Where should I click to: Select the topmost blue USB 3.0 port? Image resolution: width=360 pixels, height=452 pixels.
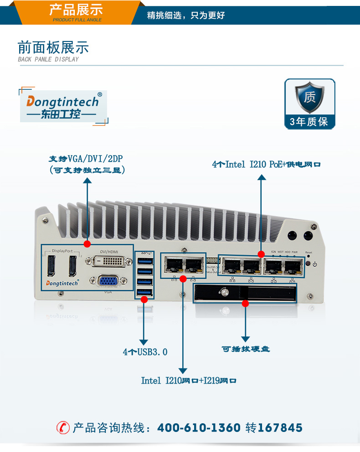(x=144, y=261)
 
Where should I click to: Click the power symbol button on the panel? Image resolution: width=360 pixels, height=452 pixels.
(x=315, y=265)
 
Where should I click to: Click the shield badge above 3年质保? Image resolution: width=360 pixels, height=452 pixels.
(x=310, y=97)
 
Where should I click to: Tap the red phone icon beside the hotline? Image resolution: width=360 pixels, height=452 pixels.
(x=63, y=428)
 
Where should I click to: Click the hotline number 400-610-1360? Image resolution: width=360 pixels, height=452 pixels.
(x=199, y=428)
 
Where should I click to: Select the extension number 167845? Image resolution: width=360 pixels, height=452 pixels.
(x=280, y=428)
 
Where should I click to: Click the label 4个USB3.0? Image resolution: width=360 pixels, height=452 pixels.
(x=145, y=352)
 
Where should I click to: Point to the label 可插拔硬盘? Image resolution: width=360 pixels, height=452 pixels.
(x=246, y=349)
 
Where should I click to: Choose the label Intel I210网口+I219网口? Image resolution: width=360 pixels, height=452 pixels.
(x=189, y=380)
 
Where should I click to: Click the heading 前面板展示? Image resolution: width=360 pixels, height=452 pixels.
(x=53, y=47)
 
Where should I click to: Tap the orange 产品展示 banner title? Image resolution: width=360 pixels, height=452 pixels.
(x=76, y=10)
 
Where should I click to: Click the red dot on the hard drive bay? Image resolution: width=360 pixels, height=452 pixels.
(x=245, y=303)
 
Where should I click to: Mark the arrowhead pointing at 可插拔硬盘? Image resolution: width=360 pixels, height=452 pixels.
(x=246, y=339)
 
